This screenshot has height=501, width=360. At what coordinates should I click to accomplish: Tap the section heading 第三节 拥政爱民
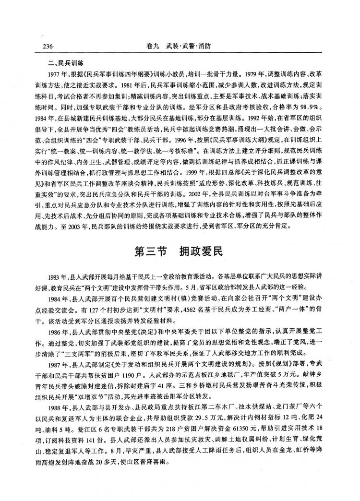coord(180,250)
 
